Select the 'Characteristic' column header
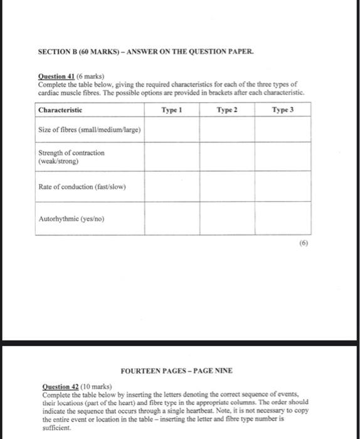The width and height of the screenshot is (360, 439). click(60, 110)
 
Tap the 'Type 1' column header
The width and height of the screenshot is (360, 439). click(171, 110)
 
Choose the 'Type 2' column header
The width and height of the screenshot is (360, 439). click(228, 110)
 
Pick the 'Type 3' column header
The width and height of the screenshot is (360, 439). click(283, 110)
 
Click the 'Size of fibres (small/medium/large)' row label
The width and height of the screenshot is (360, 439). click(90, 130)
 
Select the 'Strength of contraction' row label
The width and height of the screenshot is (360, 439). click(71, 157)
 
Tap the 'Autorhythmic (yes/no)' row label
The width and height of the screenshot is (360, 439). click(71, 219)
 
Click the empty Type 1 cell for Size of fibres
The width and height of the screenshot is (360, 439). click(171, 130)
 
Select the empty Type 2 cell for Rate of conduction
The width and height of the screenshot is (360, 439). click(228, 186)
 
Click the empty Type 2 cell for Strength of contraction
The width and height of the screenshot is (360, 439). click(228, 157)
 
